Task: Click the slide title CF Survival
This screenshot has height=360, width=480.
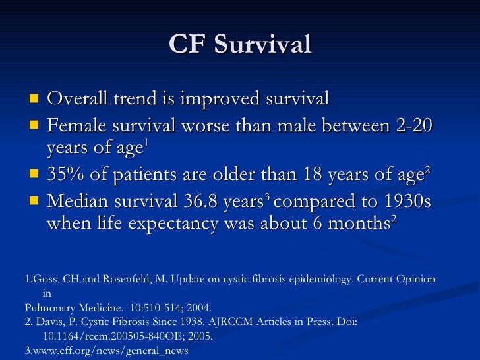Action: tap(239, 45)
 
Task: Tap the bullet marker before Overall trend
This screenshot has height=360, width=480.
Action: tap(34, 99)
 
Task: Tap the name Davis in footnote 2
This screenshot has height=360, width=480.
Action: tap(49, 321)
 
